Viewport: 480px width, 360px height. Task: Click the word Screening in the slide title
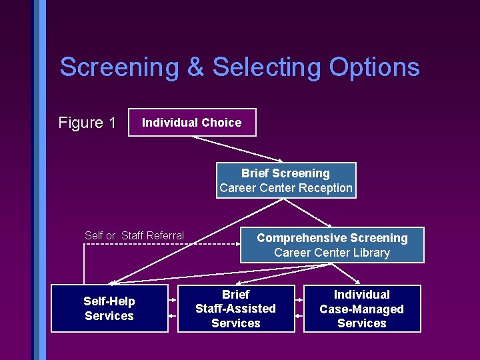point(119,67)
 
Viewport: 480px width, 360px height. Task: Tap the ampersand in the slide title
point(196,67)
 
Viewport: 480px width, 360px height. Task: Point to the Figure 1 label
point(87,123)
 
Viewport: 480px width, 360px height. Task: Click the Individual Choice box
point(192,122)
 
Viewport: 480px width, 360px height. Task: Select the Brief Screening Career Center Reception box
point(286,181)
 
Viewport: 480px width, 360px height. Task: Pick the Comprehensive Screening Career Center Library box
point(332,245)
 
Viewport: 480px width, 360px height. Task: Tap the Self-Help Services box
point(109,309)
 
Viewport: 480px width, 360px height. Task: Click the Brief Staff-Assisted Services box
point(235,309)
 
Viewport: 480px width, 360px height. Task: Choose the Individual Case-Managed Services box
point(362,309)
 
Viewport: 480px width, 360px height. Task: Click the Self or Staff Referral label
point(135,235)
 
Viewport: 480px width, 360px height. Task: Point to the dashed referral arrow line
point(160,245)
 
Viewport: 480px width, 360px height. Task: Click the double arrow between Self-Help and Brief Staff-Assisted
point(173,309)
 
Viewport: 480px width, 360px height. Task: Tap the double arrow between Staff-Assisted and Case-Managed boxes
point(299,309)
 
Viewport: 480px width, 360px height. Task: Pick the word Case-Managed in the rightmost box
point(362,309)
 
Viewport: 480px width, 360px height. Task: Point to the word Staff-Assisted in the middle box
point(235,309)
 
